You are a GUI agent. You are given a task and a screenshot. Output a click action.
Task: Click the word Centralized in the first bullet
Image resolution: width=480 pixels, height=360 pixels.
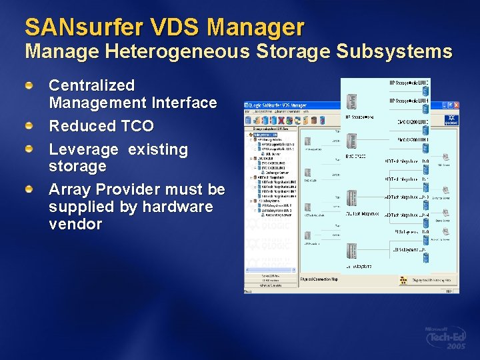coord(92,85)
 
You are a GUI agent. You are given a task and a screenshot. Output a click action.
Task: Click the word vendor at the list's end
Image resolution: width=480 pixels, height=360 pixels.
coord(75,224)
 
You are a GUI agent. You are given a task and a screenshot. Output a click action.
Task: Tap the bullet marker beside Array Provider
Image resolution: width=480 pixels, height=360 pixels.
coord(29,190)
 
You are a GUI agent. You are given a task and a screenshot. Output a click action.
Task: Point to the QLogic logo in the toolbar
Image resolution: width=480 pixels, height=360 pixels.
coord(452,120)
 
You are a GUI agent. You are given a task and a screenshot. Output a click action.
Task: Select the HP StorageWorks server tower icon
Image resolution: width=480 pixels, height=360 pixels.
coord(351,102)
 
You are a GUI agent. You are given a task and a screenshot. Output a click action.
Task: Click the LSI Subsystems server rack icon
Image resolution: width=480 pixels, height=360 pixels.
coord(351,250)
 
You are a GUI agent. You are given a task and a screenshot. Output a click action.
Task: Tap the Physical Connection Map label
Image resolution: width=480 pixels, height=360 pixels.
coord(319,280)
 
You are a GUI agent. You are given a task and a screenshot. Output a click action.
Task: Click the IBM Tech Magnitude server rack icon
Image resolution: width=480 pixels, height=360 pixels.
coord(351,198)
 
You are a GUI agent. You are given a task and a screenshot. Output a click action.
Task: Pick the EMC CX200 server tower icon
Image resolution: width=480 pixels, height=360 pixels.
coord(351,141)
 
